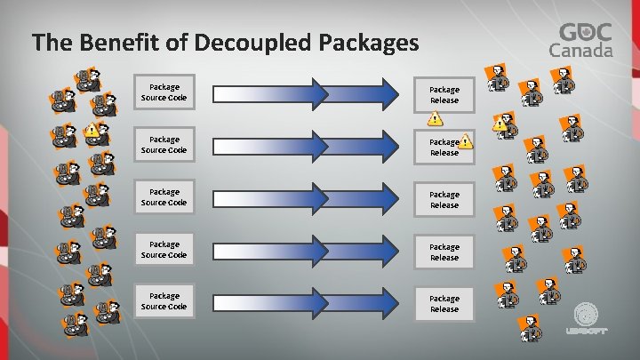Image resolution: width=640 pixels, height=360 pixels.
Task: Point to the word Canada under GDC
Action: tap(585, 51)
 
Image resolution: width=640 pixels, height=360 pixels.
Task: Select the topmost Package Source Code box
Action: tap(164, 92)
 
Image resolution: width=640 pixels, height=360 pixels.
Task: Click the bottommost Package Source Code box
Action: tap(164, 301)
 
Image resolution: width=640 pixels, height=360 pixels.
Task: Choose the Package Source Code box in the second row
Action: tap(164, 144)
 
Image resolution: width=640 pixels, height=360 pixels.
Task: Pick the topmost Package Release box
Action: tap(444, 94)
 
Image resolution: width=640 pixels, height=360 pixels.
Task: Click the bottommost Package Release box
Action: tap(444, 304)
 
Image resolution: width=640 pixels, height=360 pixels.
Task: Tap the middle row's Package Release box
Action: tap(444, 199)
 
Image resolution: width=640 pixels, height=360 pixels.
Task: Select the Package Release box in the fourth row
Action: tap(444, 252)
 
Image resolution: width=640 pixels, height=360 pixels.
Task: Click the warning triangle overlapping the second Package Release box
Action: tap(466, 140)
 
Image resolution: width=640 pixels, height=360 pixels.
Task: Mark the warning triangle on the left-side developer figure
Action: tap(92, 129)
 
